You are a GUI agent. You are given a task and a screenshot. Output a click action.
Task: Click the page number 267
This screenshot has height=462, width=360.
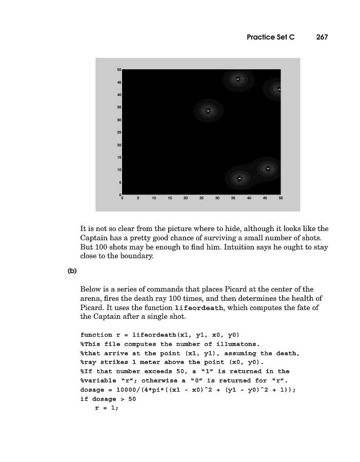coord(322,37)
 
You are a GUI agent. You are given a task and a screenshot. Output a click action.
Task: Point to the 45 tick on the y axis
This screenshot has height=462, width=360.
coord(119,82)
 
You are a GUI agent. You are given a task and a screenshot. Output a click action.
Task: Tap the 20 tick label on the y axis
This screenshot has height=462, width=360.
coord(119,145)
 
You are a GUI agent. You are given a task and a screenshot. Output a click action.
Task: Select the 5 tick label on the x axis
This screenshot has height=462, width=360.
coord(138,198)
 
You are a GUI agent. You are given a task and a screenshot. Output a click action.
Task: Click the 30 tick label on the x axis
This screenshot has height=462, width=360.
coord(217,198)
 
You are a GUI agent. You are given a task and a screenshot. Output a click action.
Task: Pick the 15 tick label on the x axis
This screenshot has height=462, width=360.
coord(170,198)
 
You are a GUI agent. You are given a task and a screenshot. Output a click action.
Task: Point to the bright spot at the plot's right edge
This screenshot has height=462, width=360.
coord(279,89)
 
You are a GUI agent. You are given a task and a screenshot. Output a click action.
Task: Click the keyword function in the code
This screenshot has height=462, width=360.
coord(96,335)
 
